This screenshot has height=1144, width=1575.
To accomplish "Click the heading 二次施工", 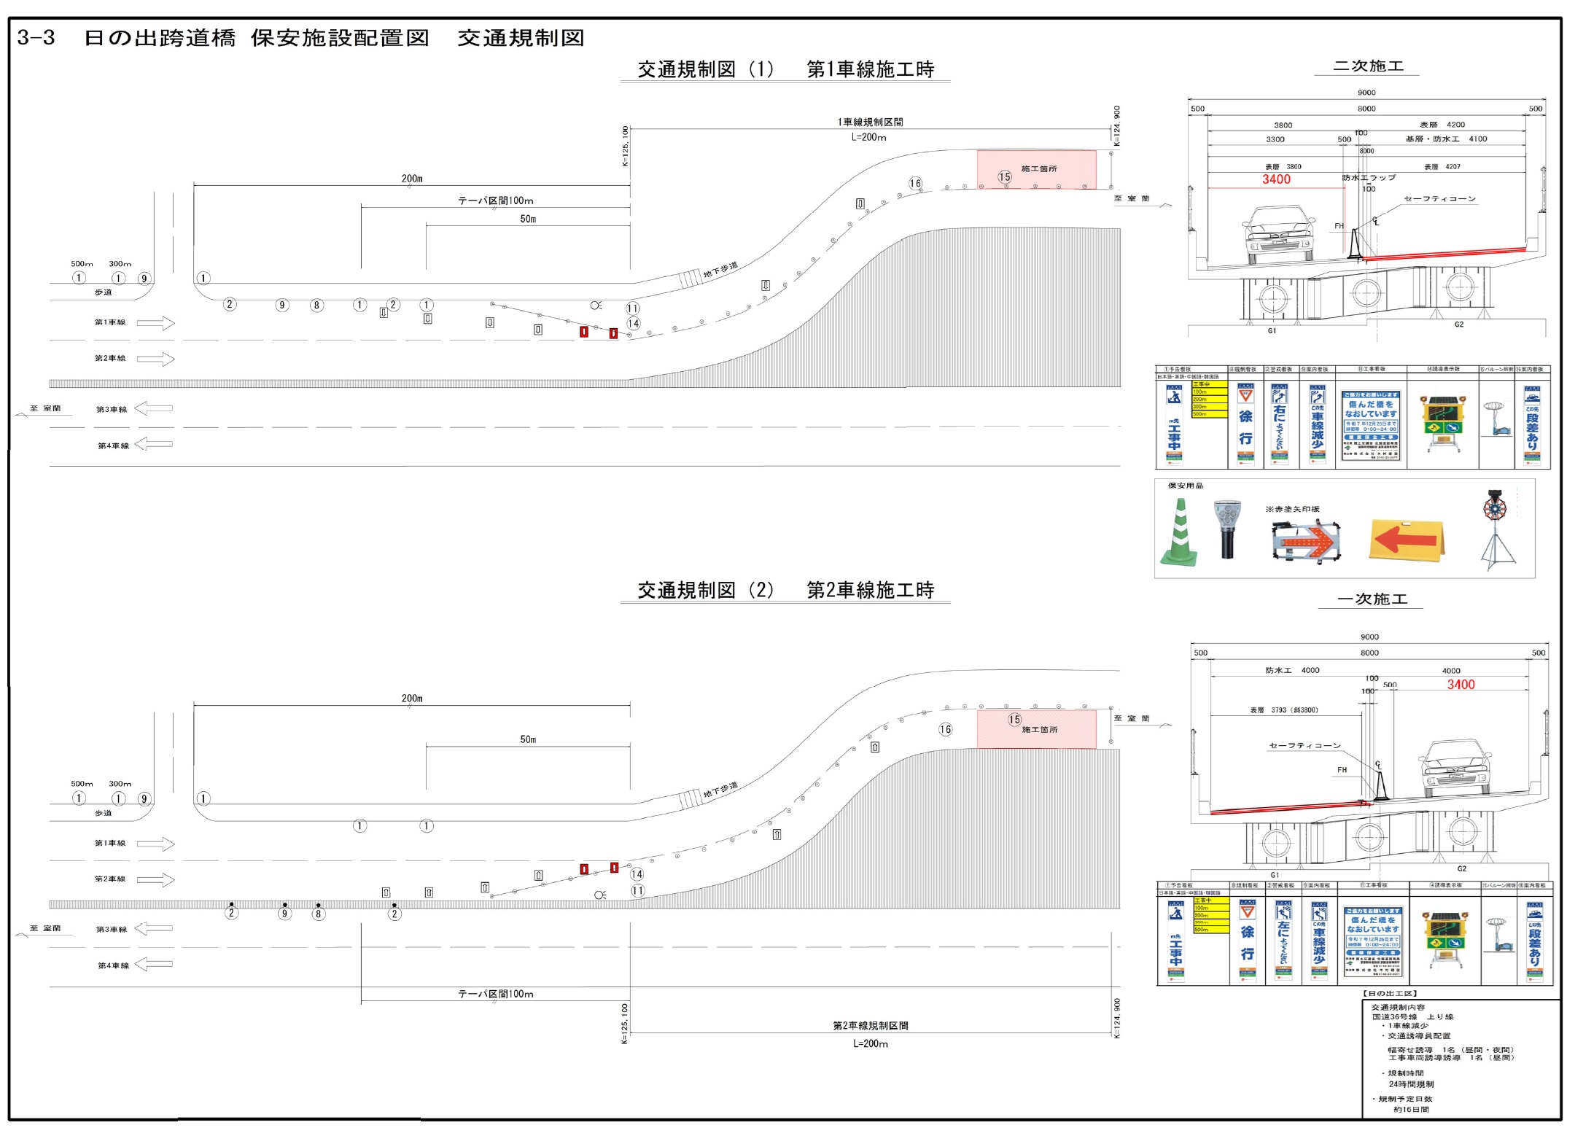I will [1368, 66].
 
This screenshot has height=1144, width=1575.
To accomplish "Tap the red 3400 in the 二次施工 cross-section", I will [1276, 179].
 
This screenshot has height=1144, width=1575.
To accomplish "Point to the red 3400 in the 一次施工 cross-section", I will [1461, 685].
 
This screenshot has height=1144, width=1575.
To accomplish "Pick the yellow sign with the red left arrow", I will [1407, 540].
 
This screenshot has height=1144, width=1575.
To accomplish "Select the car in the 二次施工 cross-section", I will [1277, 234].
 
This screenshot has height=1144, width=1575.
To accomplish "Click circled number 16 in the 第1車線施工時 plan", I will [915, 184].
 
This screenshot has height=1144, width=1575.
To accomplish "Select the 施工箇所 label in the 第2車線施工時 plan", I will [1039, 730].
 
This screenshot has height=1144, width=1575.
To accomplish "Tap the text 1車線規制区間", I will [870, 122].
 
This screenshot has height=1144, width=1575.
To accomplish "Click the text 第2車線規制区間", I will [870, 1026].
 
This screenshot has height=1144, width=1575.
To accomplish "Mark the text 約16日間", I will [1411, 1110].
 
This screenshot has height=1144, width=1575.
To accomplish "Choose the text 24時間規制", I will [1411, 1084].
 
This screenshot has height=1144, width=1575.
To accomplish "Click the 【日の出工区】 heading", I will [1390, 994].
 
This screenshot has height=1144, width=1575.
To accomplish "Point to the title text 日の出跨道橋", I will [160, 38].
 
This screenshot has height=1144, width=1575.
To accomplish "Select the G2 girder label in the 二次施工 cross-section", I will [1458, 324].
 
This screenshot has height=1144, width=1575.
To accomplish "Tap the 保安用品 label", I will [1186, 486].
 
